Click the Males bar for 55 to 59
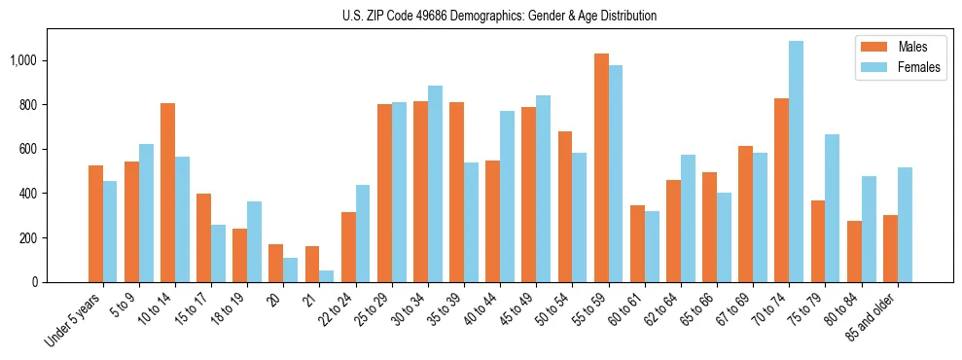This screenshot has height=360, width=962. [601, 167]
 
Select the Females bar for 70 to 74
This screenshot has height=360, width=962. [796, 162]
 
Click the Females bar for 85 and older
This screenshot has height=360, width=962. [905, 225]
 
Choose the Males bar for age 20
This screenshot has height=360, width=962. [276, 263]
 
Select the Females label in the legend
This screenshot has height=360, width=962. [920, 69]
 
